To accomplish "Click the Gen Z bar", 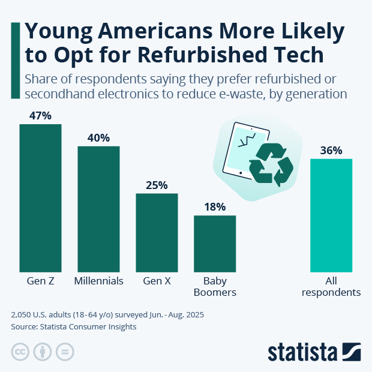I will point(41,198).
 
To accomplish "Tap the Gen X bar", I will point(157,232).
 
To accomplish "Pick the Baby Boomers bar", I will point(215,243).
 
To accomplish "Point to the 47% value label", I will point(41,115).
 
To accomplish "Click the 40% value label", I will point(98,137).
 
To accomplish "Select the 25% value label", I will point(157,185).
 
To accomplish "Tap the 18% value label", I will point(215,207).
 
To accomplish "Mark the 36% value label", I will point(331,151).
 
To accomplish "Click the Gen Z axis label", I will point(41,281).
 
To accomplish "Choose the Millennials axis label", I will point(98,281).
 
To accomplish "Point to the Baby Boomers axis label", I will point(215,286).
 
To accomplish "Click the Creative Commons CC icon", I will point(20,352).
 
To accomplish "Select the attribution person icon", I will point(43,352).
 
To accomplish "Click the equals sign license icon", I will point(64,352).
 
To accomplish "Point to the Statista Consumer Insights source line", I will point(74,327).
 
